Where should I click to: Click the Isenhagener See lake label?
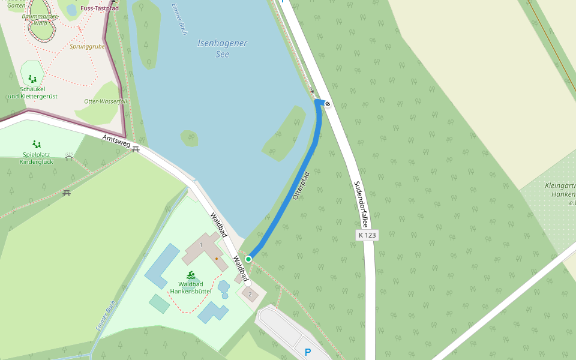coord(222,49)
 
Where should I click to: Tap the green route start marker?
coord(248,259)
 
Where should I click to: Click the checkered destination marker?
coord(328,104)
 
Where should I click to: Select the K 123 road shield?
coord(367,235)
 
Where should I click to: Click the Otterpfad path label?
coord(301,185)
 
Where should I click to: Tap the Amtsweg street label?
coord(116,142)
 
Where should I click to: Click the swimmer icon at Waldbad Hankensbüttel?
coord(191,275)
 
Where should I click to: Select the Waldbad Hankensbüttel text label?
coord(191,287)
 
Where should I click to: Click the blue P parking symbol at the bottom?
coord(308,352)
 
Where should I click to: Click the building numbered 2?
coord(250,294)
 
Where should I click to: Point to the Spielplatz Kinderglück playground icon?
coord(37,144)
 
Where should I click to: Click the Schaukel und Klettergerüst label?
coord(32,92)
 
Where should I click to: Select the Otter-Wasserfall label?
coord(106,101)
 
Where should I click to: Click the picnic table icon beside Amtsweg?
coord(136,149)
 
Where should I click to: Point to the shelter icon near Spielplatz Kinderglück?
coord(69,158)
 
